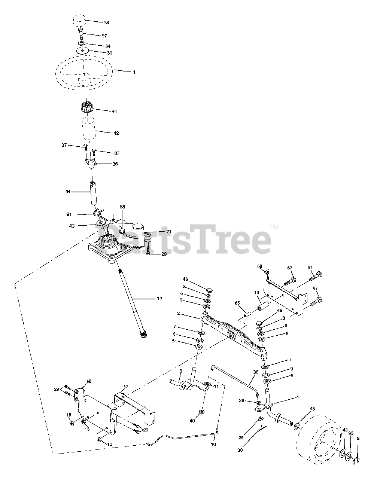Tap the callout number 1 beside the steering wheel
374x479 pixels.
134,72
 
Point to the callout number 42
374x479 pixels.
116,133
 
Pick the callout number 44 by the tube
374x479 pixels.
68,192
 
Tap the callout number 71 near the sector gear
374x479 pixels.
168,232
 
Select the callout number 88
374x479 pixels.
122,207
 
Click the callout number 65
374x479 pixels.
237,303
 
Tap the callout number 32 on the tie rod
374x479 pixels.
256,372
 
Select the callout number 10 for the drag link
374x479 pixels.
213,444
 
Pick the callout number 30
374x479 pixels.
240,450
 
